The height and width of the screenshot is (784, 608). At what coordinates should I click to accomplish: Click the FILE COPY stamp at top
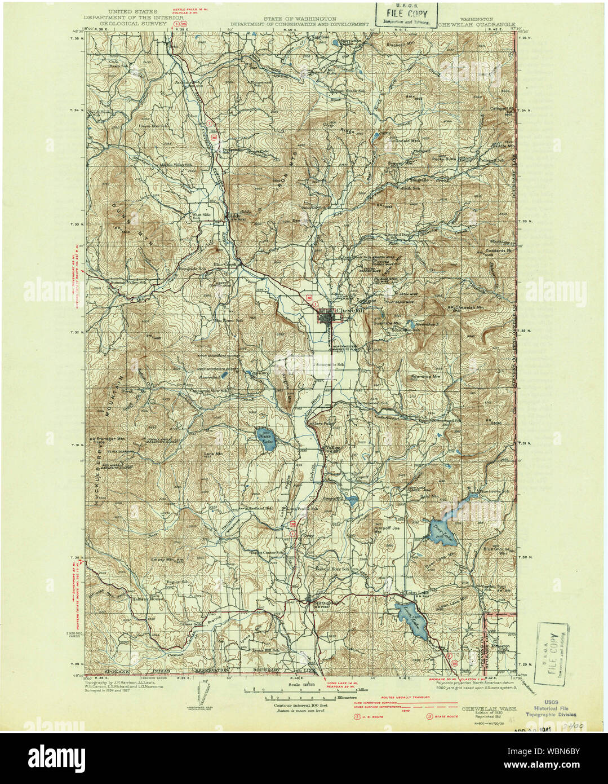click(x=406, y=15)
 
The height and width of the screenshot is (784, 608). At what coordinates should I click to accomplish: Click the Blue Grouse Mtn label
click(x=496, y=550)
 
